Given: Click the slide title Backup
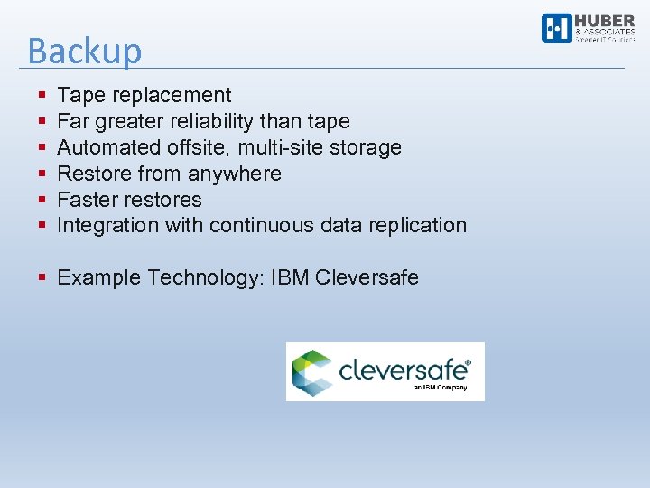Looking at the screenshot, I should click(85, 51).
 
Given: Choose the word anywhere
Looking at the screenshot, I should click(235, 174).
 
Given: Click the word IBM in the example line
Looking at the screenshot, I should click(290, 277).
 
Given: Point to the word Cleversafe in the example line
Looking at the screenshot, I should click(367, 277).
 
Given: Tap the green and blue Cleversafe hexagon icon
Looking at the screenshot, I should click(310, 371).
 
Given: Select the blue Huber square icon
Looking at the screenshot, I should click(556, 28).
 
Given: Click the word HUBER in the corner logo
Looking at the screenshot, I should click(605, 21).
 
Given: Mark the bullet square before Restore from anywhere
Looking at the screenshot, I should click(42, 174).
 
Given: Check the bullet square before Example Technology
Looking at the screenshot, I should click(42, 277).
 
